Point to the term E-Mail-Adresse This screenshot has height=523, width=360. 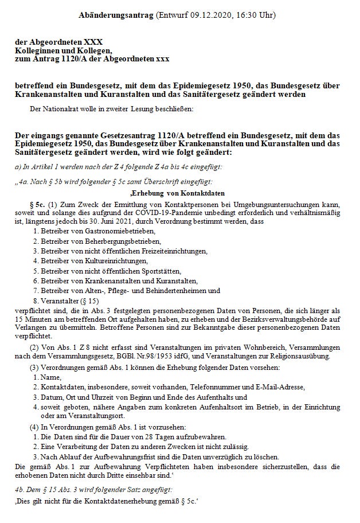(273, 387)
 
